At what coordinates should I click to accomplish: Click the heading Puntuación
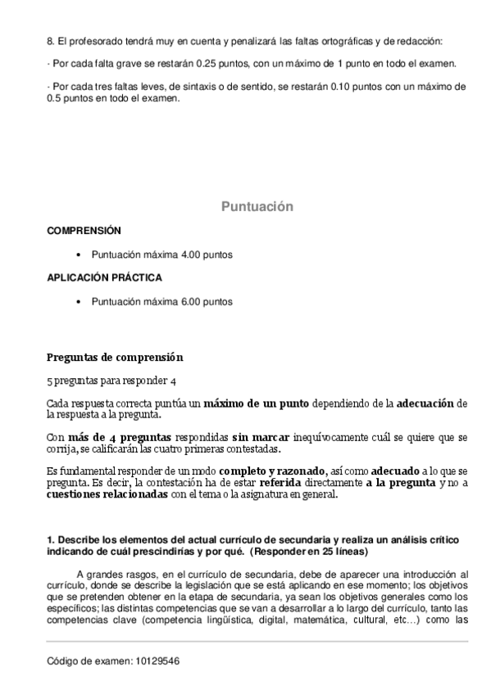(x=257, y=207)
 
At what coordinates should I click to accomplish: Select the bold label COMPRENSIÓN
(x=84, y=231)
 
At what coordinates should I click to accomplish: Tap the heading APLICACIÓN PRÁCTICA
(x=104, y=277)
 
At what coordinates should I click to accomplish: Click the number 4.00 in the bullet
(x=190, y=255)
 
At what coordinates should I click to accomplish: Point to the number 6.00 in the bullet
(x=190, y=301)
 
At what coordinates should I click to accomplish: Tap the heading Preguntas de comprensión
(x=115, y=358)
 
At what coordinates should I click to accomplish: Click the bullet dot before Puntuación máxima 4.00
(x=78, y=255)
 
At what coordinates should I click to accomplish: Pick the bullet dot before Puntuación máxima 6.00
(x=78, y=301)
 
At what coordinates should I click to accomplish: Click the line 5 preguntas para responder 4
(x=111, y=381)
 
